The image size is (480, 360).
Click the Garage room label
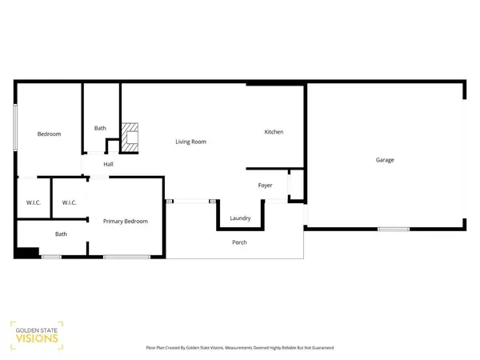385,160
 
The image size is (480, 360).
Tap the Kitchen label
274,132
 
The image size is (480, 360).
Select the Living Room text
191,142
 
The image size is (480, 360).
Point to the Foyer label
265,186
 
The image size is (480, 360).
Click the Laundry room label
241,218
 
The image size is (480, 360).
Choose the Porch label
239,242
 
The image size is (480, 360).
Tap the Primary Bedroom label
126,222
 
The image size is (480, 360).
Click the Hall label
108,165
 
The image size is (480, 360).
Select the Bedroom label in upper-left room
49,134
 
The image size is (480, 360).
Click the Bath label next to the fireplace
100,128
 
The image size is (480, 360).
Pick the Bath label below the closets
61,234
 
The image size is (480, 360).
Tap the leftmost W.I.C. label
33,202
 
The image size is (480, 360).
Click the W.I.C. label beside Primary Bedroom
69,202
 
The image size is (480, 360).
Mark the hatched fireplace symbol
130,138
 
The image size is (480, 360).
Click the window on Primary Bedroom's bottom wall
124,257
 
